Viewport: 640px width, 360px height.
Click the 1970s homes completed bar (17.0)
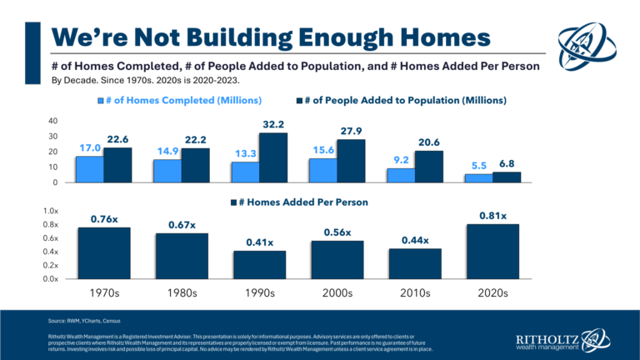pyautogui.click(x=89, y=168)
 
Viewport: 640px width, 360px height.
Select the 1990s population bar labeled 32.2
pyautogui.click(x=273, y=157)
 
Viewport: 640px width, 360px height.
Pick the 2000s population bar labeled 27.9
pyautogui.click(x=352, y=161)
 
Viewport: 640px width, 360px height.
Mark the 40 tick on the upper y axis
pyautogui.click(x=52, y=121)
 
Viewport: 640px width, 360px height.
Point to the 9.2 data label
pyautogui.click(x=402, y=158)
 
